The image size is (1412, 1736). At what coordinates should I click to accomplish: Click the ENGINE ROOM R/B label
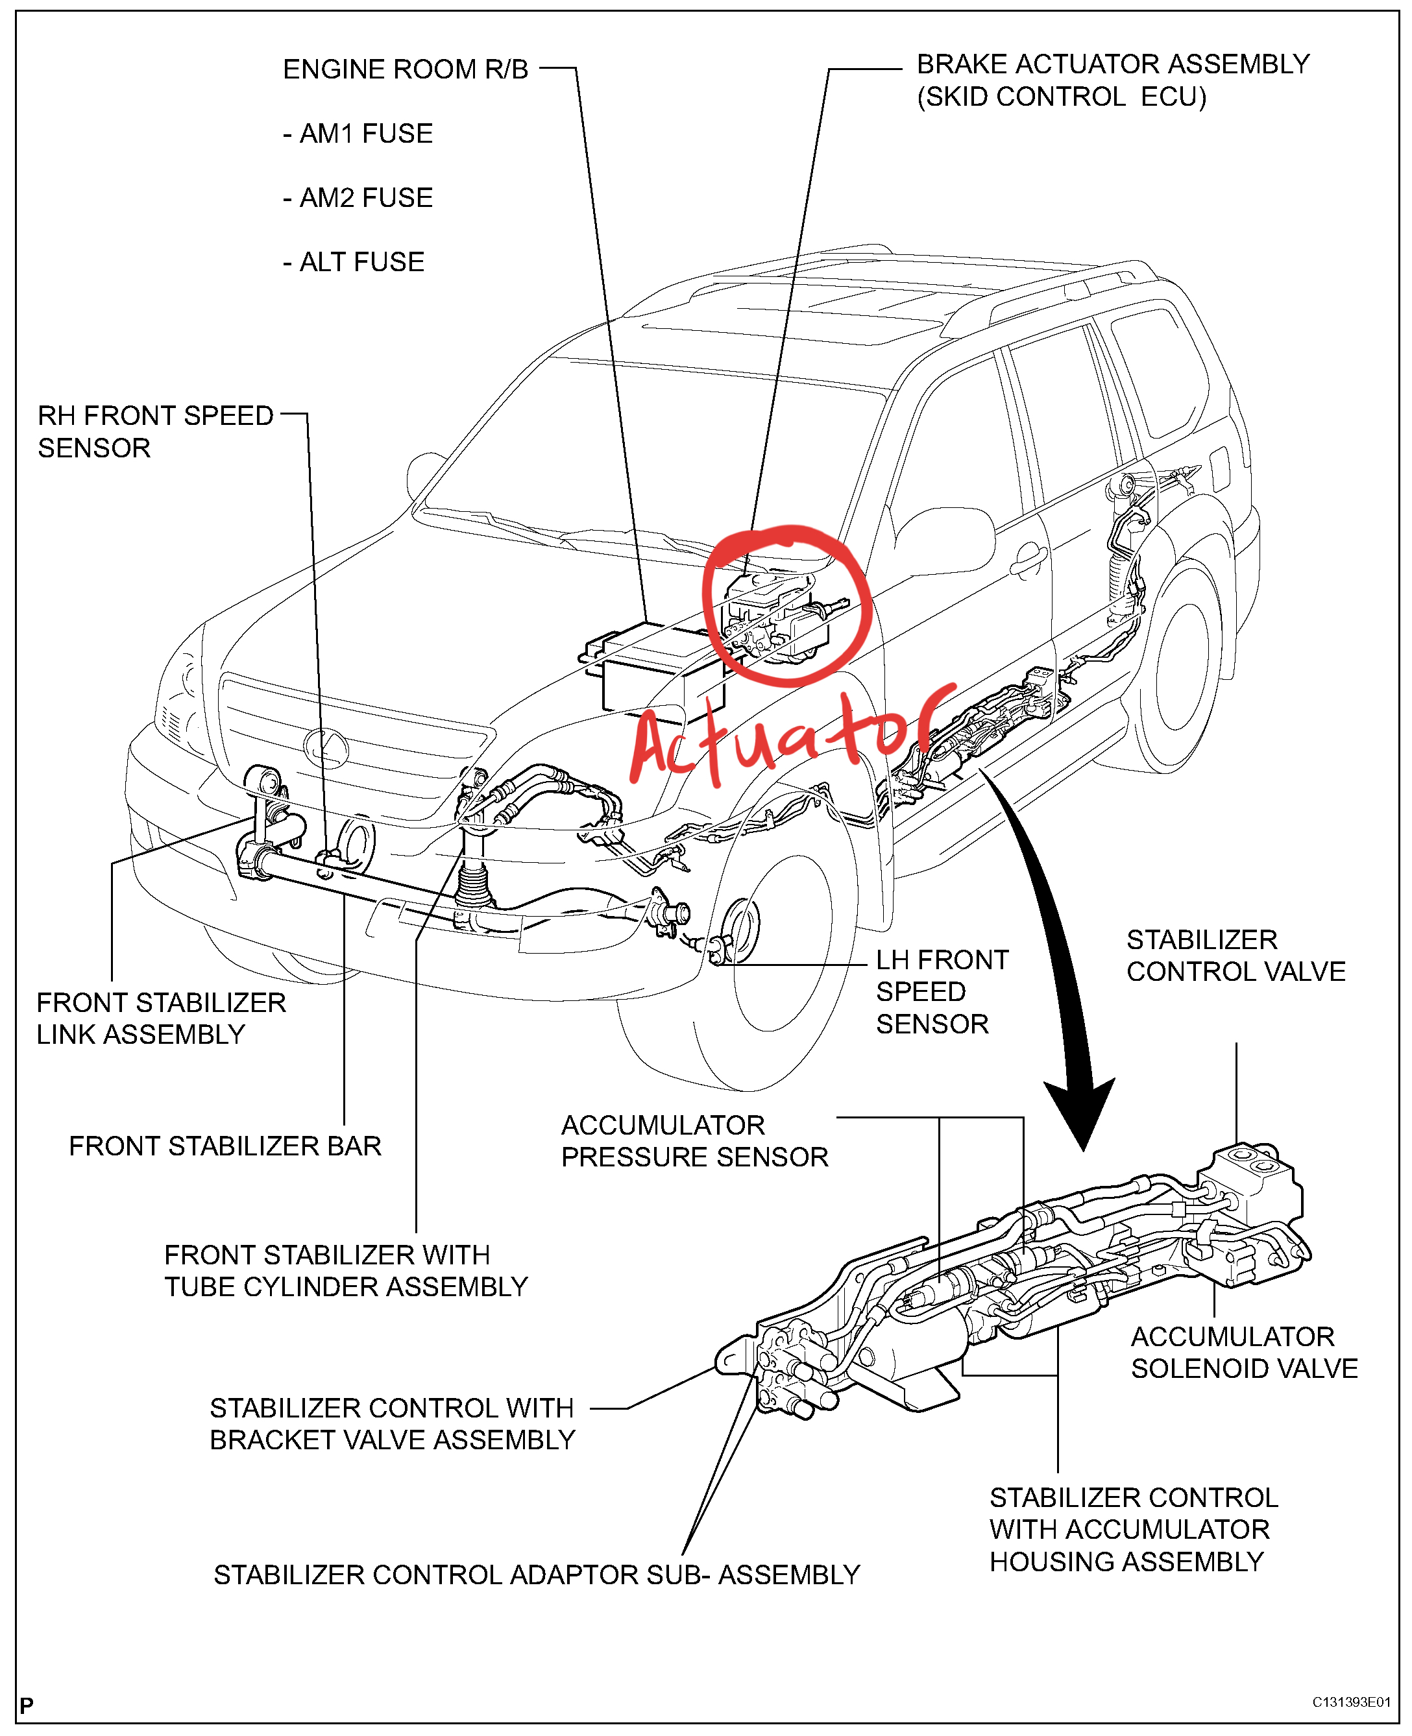(x=405, y=70)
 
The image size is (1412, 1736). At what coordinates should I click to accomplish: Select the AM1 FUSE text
(x=358, y=134)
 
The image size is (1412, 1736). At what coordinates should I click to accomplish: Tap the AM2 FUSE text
(x=358, y=198)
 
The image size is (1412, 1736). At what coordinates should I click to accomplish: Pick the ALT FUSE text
(x=354, y=262)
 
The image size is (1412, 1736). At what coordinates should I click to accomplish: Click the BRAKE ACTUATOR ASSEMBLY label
(x=1112, y=64)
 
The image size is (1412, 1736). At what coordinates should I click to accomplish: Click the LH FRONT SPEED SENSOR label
(x=941, y=991)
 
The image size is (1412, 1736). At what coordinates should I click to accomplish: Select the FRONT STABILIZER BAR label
(x=225, y=1146)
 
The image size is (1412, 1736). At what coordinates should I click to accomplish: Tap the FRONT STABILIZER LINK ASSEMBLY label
(x=160, y=1018)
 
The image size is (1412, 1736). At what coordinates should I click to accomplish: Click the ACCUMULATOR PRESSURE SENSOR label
(x=694, y=1141)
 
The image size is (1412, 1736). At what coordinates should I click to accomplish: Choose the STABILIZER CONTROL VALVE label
(x=1235, y=956)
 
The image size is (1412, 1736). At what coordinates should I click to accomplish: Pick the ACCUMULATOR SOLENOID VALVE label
(x=1243, y=1352)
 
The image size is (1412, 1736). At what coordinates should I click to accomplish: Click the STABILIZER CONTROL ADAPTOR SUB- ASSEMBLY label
(x=536, y=1575)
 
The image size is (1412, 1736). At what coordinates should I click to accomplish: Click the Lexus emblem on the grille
(x=325, y=745)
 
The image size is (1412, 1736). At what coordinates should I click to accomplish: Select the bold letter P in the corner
(x=27, y=1705)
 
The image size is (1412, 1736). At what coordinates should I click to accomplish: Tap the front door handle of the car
(x=1030, y=561)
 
